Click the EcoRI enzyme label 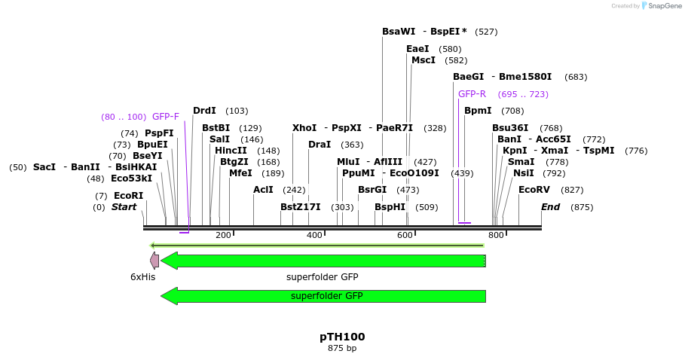click(x=128, y=196)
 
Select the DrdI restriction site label click(x=204, y=111)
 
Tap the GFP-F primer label click(x=166, y=117)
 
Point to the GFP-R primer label click(x=472, y=94)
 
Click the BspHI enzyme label click(x=390, y=207)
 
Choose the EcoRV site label click(x=534, y=190)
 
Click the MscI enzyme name click(x=424, y=60)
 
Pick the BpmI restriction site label click(x=478, y=111)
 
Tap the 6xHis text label click(x=142, y=277)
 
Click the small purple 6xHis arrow click(x=154, y=261)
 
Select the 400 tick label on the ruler click(x=314, y=236)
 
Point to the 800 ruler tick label click(x=496, y=236)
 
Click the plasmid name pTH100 click(x=342, y=337)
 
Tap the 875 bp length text click(x=342, y=349)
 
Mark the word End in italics click(x=551, y=207)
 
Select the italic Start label click(x=124, y=207)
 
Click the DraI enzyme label click(x=320, y=145)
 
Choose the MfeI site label click(x=240, y=173)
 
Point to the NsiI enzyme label click(x=523, y=173)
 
